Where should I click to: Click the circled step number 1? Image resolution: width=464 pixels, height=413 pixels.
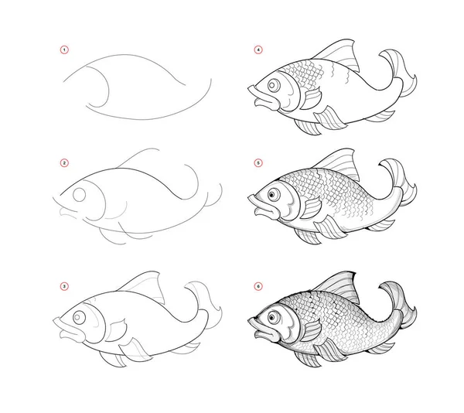(64, 49)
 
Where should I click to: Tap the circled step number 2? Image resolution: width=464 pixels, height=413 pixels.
(64, 163)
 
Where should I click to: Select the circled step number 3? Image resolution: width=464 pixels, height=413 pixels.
(64, 286)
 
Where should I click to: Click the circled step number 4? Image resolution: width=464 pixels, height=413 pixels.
(258, 49)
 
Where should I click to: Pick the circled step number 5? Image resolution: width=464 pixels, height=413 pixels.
(258, 163)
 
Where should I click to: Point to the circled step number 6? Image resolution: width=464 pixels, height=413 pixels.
(258, 286)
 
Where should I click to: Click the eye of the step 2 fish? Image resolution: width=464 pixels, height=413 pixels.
(80, 195)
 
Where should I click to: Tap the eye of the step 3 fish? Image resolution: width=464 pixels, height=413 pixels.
(79, 317)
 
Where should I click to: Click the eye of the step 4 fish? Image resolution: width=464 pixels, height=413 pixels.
(274, 85)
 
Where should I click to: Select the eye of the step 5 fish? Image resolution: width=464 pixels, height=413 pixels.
(274, 195)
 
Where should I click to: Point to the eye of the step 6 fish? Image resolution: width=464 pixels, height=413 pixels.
(274, 318)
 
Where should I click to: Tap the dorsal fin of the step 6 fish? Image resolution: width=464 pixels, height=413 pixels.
(340, 285)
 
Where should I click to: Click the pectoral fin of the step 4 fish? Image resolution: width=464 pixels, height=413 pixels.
(312, 98)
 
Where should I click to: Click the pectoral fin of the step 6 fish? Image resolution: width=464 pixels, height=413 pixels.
(312, 331)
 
